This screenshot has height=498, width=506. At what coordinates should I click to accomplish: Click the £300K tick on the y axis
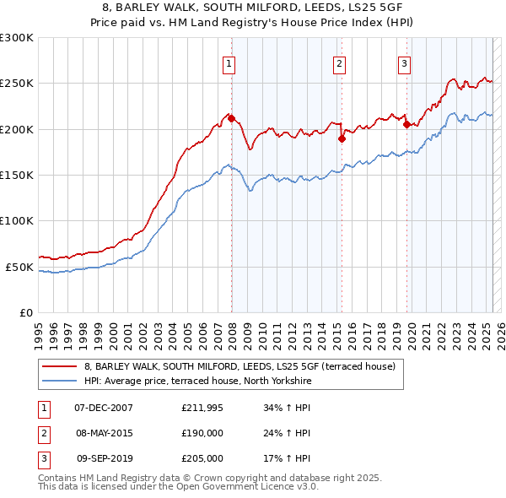17,38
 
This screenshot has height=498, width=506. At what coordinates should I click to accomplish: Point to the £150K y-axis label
17,176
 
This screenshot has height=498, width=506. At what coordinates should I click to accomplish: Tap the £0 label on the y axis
25,312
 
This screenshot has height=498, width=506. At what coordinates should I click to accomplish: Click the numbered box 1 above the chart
229,62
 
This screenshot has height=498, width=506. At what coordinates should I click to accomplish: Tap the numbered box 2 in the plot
339,62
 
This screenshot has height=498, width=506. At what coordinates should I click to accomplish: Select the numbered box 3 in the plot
405,62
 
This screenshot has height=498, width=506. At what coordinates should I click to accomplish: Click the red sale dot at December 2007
231,119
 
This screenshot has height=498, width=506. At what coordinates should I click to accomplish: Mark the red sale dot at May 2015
342,139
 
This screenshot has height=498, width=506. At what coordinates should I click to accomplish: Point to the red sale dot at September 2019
406,125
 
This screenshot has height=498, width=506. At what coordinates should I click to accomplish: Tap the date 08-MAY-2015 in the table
104,433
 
